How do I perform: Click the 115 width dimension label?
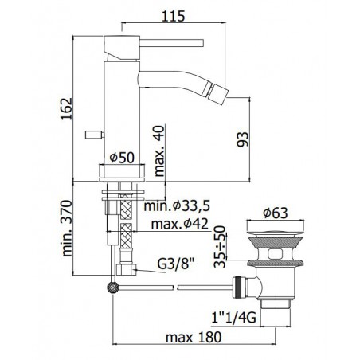click(173, 16)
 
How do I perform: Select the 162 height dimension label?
click(66, 109)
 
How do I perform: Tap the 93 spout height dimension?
click(243, 139)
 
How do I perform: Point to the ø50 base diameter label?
click(122, 158)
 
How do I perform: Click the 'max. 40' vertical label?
click(159, 151)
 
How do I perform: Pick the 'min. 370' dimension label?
click(66, 229)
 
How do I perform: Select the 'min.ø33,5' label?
click(177, 205)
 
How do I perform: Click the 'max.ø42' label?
click(180, 224)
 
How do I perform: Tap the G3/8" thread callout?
click(176, 264)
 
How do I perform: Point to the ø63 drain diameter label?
click(276, 213)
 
